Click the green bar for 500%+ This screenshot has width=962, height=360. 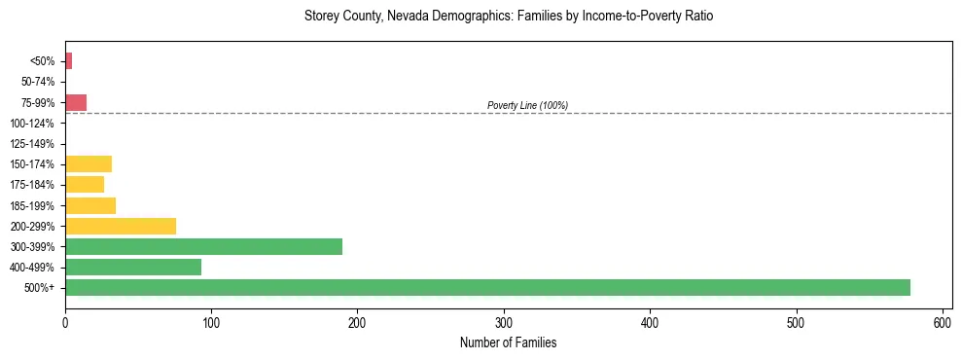(487, 287)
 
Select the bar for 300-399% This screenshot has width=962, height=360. (203, 246)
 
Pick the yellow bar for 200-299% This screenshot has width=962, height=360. (121, 226)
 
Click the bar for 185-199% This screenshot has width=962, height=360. (90, 205)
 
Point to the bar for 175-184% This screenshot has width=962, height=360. (85, 185)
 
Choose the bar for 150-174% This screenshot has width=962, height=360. (89, 163)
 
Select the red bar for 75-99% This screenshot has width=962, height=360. (76, 102)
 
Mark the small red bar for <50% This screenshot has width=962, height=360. (68, 61)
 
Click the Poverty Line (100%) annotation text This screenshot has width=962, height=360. (527, 105)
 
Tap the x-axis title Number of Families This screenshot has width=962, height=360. (509, 342)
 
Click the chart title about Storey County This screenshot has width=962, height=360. (509, 17)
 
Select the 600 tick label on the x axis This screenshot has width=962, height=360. (943, 322)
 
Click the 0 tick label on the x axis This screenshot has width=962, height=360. (65, 322)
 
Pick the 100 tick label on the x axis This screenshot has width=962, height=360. (211, 322)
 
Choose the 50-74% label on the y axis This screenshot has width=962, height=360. (39, 82)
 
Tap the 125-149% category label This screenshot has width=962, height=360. (34, 144)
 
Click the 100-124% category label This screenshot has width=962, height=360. (34, 124)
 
